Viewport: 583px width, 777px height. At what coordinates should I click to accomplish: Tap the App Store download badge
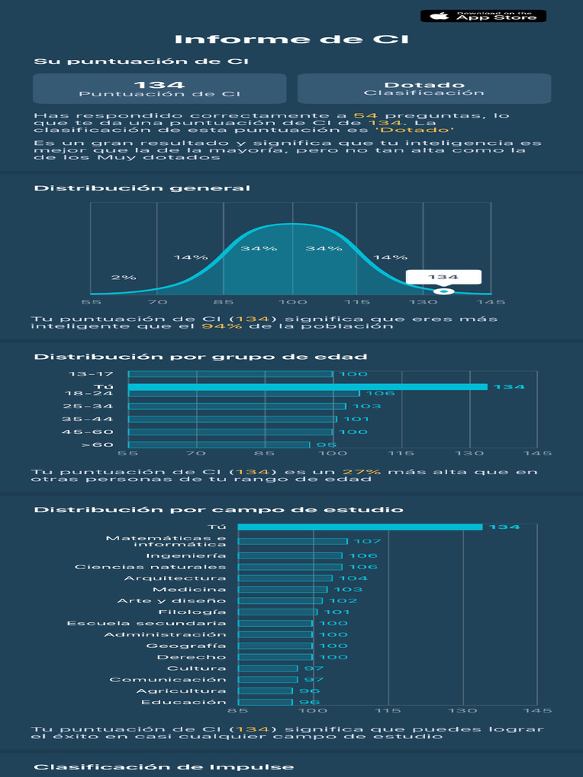pyautogui.click(x=483, y=16)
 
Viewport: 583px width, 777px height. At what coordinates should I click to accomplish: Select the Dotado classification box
pyautogui.click(x=424, y=89)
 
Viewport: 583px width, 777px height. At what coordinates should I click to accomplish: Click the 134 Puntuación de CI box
pyautogui.click(x=159, y=89)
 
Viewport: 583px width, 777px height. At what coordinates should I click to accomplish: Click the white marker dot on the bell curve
pyautogui.click(x=443, y=292)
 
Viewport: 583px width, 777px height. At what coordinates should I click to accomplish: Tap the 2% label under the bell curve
pyautogui.click(x=124, y=277)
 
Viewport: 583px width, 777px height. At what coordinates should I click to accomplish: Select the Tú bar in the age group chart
pyautogui.click(x=307, y=387)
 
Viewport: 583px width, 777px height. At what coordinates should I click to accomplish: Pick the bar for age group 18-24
pyautogui.click(x=244, y=393)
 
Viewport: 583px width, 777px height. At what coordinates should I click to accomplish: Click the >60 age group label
pyautogui.click(x=97, y=445)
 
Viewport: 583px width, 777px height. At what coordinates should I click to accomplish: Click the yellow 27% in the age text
pyautogui.click(x=368, y=471)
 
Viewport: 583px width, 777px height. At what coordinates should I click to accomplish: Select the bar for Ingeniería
pyautogui.click(x=290, y=555)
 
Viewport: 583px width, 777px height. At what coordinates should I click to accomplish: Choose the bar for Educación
pyautogui.click(x=265, y=702)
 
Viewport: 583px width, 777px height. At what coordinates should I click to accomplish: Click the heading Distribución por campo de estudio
pyautogui.click(x=219, y=510)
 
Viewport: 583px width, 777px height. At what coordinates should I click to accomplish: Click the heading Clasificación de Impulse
pyautogui.click(x=164, y=766)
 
